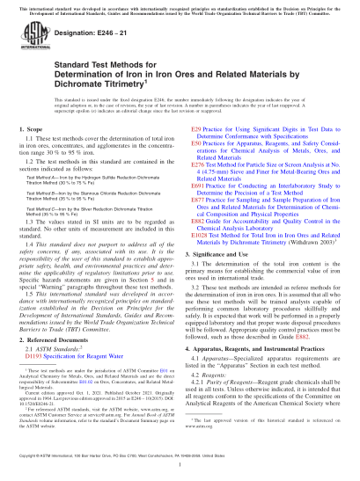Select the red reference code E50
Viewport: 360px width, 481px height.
pos(197,170)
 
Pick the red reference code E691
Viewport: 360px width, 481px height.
pos(199,211)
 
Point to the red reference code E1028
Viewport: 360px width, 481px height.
pos(201,251)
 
